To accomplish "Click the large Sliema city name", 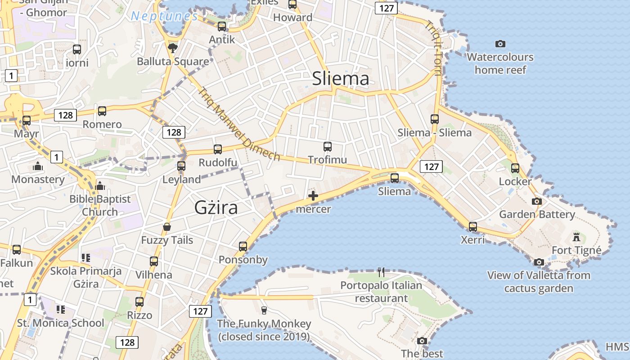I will (341, 78).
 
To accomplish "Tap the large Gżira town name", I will (216, 207).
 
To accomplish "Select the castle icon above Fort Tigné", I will (576, 237).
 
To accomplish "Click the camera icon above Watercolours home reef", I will (500, 44).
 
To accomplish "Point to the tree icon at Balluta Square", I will (172, 47).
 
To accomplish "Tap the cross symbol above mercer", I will (313, 196).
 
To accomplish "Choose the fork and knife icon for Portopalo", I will (381, 272).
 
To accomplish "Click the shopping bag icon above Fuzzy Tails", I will (167, 227).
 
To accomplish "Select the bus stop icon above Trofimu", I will (327, 146).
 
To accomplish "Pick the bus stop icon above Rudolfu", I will (218, 149).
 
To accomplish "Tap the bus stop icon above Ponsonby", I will (243, 246).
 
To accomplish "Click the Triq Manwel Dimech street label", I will (239, 124).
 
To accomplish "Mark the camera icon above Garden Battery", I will (537, 201).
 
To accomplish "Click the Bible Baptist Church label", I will (100, 205).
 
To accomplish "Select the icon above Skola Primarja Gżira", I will (85, 258).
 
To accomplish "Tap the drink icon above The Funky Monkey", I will (264, 310).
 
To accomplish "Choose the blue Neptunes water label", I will (164, 17).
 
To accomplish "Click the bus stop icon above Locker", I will (515, 168).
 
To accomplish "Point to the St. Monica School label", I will (60, 323).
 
